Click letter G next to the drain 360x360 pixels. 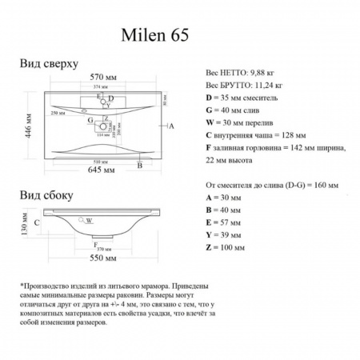pyautogui.click(x=91, y=120)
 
